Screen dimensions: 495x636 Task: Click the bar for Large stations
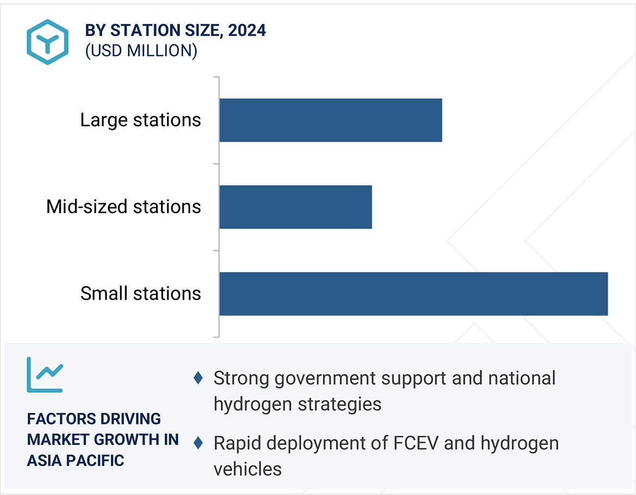tap(331, 120)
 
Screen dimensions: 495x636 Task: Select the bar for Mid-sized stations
tap(296, 207)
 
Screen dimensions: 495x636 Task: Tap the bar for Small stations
tap(413, 294)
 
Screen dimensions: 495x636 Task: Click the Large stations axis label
tap(140, 120)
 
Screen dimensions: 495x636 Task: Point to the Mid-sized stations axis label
tap(123, 207)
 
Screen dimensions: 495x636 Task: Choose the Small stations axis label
tap(140, 294)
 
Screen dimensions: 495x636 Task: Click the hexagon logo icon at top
tap(48, 42)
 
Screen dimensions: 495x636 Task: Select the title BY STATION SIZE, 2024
tap(175, 30)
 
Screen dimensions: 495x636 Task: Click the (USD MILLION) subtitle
tap(141, 51)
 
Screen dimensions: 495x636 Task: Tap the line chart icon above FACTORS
tap(45, 375)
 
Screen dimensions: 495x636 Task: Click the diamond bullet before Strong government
tap(198, 378)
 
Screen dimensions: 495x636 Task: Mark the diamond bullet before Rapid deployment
tap(198, 443)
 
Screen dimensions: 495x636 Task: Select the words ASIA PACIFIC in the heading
tap(76, 460)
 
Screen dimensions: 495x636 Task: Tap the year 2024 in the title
tap(247, 30)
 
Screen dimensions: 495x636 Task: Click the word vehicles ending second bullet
tap(247, 469)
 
